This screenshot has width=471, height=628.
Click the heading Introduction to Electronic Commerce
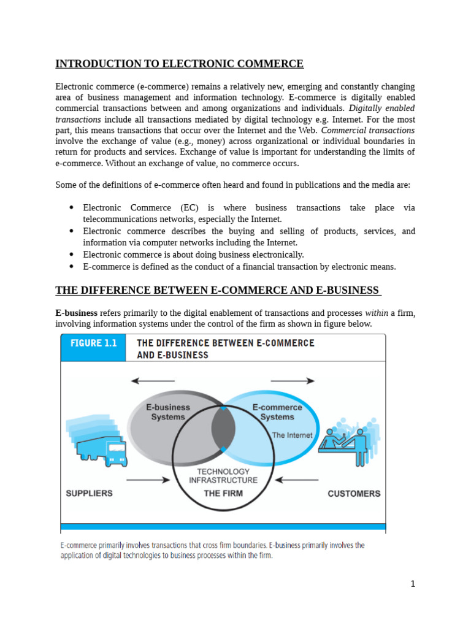179,64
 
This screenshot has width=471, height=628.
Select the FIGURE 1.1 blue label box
93,343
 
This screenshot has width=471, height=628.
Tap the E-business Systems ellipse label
168,412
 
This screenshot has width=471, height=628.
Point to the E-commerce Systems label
277,412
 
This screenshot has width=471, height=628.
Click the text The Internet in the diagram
292,435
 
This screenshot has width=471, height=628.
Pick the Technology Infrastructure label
223,476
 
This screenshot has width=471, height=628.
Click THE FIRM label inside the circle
223,493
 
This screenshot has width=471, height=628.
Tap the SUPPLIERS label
90,493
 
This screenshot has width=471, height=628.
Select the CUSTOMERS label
354,493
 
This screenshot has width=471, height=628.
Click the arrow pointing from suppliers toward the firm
148,480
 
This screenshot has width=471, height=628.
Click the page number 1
413,584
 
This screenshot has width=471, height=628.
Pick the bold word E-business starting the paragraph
77,313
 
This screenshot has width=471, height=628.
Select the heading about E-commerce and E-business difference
218,290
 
